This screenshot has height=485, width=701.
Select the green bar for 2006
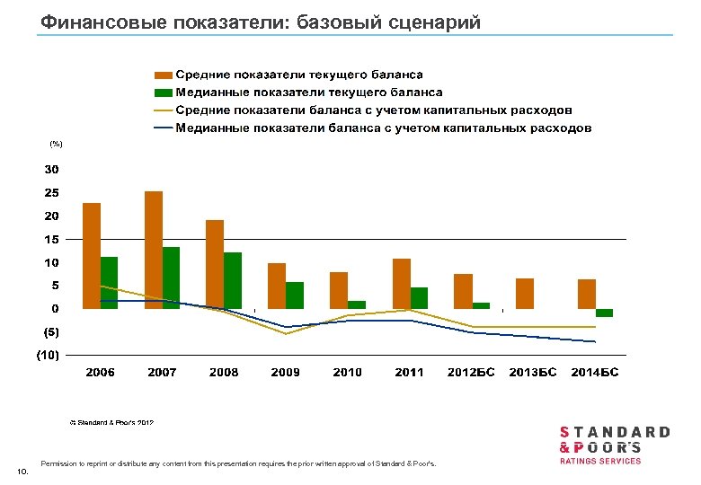click(x=109, y=283)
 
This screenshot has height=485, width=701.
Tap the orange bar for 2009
click(x=278, y=286)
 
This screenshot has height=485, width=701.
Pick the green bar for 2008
click(x=233, y=280)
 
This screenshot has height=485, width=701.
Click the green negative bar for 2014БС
click(x=604, y=313)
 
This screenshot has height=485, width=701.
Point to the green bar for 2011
click(x=419, y=298)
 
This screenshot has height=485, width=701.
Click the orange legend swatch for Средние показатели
click(x=163, y=75)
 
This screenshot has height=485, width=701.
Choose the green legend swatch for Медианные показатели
click(x=163, y=93)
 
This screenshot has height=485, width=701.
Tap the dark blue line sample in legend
click(x=163, y=128)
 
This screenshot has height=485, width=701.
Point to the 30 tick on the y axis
click(x=52, y=169)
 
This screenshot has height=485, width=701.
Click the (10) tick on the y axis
click(x=48, y=356)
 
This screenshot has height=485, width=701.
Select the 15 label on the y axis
click(x=52, y=240)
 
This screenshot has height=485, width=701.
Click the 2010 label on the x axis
click(x=348, y=372)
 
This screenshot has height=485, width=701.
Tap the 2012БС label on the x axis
click(x=472, y=372)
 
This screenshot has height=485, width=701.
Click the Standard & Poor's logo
click(x=615, y=445)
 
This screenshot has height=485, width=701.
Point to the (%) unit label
click(x=56, y=144)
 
